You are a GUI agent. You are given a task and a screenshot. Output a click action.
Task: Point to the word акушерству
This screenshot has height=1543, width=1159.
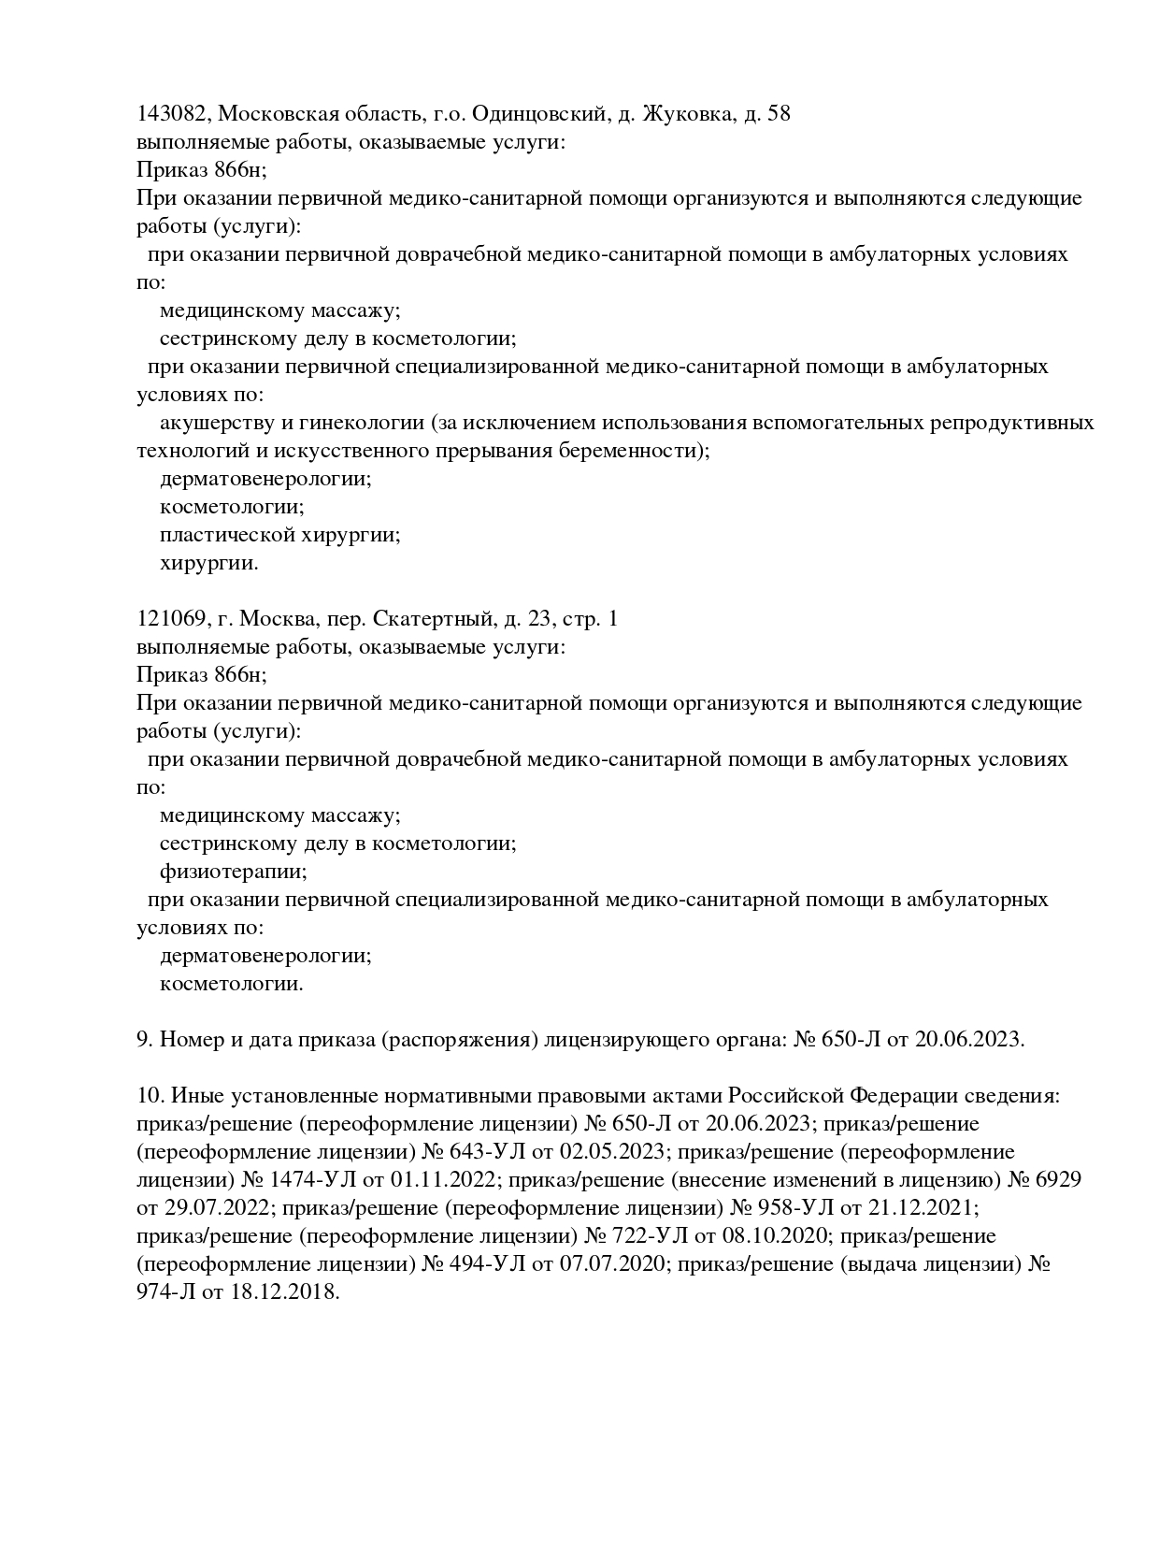point(211,423)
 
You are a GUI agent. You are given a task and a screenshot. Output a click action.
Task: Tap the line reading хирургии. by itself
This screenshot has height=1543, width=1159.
point(208,563)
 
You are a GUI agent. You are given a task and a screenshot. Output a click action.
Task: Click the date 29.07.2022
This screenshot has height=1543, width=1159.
point(214,1208)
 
